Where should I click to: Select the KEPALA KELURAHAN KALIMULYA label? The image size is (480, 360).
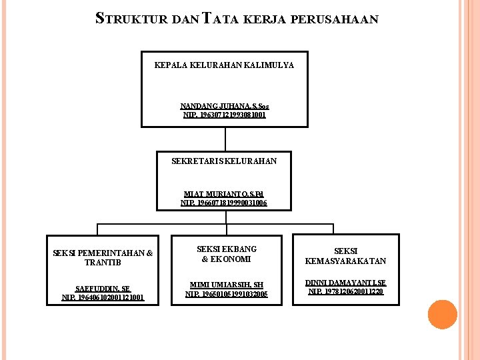[224, 65]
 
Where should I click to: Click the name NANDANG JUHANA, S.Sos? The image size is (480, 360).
[225, 106]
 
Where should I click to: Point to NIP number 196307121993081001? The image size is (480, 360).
[225, 115]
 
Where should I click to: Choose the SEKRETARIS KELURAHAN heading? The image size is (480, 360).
[224, 161]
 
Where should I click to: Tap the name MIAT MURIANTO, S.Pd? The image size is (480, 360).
[224, 194]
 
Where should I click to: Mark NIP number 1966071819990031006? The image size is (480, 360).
[224, 203]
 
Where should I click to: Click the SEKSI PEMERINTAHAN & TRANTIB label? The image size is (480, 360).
[103, 257]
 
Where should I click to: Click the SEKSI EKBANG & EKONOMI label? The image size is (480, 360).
[227, 254]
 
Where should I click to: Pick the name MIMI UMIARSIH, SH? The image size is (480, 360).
[227, 285]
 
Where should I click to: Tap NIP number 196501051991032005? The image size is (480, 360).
[227, 294]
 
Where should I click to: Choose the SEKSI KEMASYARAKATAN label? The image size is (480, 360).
[345, 256]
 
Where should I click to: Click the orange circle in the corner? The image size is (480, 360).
[442, 315]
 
